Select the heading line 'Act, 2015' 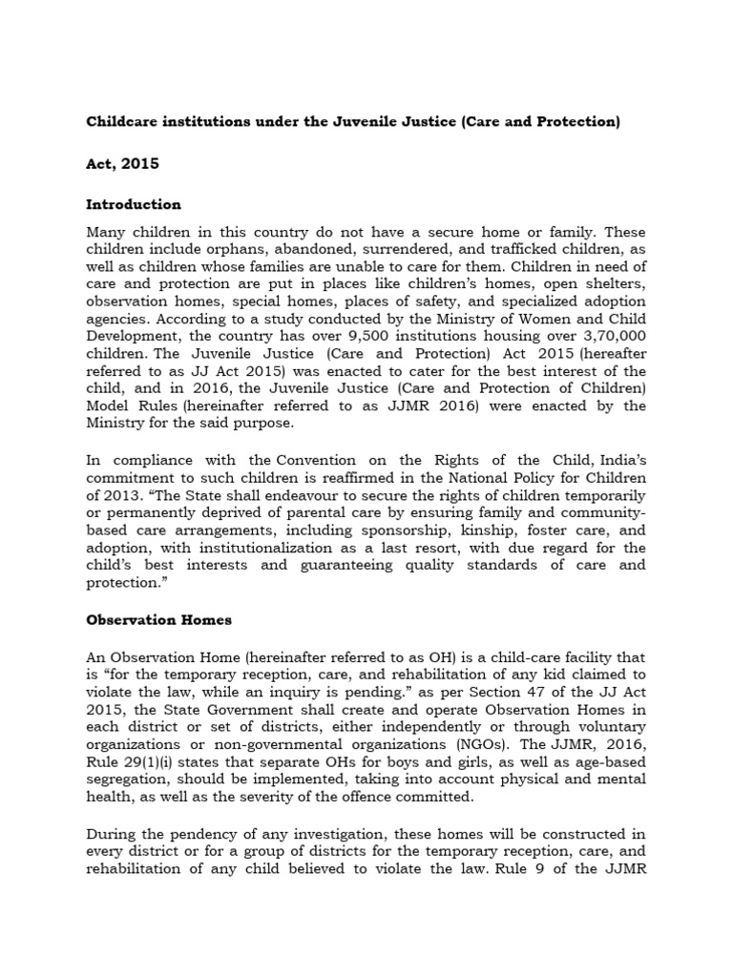[122, 163]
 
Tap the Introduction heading [134, 204]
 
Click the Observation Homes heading [158, 620]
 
